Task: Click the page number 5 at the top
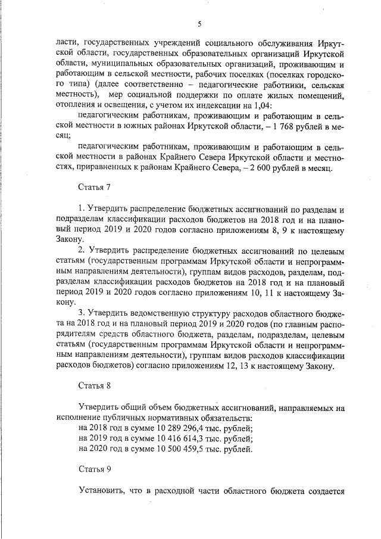click(199, 24)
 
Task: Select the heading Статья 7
click(95, 187)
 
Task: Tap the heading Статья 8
click(95, 386)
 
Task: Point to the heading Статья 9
click(95, 469)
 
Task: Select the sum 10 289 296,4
click(175, 428)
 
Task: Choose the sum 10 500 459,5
click(175, 448)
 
